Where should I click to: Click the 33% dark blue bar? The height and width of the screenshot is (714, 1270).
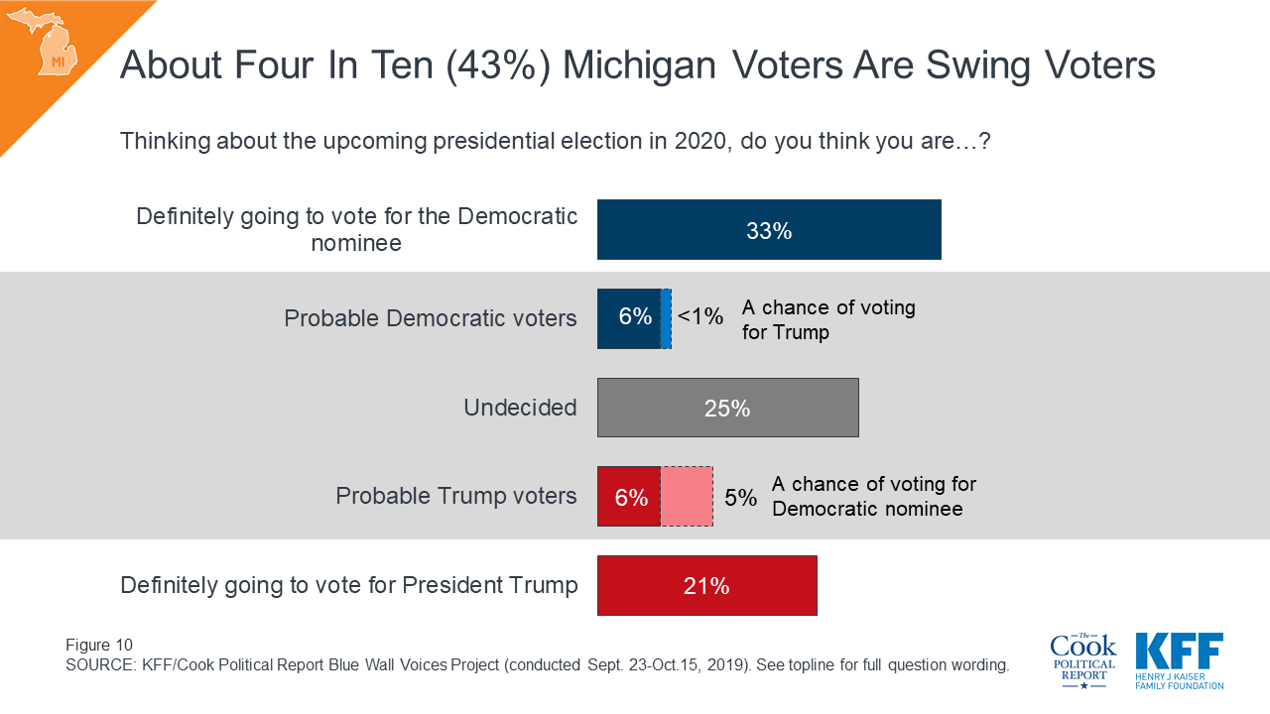coord(769,230)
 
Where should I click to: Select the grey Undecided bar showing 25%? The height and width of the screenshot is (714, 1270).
coord(727,408)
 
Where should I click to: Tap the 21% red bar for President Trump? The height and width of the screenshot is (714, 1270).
coord(706,586)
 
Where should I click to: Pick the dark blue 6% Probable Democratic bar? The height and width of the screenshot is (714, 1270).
coord(629,318)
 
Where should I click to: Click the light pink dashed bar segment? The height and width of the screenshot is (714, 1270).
coord(687,496)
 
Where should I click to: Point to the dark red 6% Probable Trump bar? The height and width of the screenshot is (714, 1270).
coord(629,497)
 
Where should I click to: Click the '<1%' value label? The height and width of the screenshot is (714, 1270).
coord(700,317)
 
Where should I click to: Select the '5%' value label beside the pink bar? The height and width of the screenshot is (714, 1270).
coord(740,497)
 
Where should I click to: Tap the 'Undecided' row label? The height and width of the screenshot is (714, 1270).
coord(520,408)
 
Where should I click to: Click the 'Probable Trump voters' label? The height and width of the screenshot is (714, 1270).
coord(456,496)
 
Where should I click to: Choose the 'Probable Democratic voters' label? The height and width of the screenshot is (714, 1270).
coord(431,318)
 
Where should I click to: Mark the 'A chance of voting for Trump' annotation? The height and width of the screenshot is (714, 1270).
coord(828,319)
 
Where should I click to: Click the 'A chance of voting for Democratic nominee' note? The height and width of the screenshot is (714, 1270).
coord(873,496)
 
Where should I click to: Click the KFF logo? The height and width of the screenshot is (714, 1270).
coord(1180,660)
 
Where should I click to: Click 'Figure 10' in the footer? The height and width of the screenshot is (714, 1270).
coord(99,645)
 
